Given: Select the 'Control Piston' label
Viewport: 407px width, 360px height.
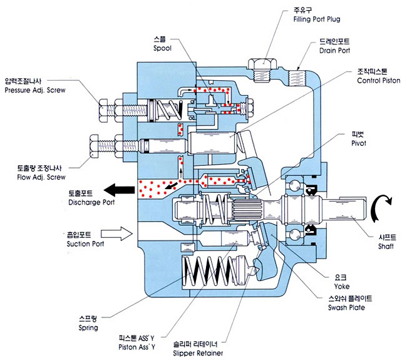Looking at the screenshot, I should [x=377, y=81].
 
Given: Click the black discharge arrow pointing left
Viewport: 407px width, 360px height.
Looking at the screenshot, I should [x=121, y=188].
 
